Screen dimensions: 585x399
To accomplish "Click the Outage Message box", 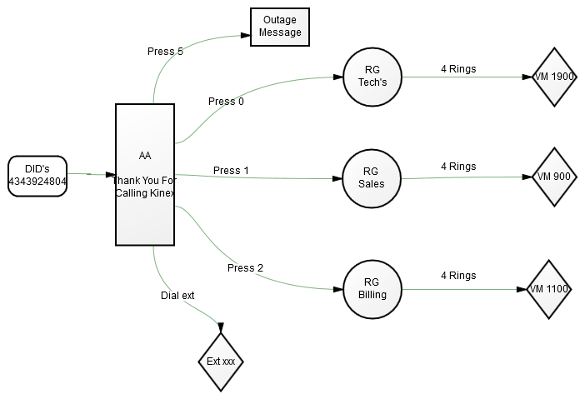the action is tap(280, 27).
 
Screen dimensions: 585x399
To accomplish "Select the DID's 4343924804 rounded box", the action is tap(37, 176).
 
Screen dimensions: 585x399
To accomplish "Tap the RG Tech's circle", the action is tap(372, 77).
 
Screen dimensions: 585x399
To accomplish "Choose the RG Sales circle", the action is tap(372, 178).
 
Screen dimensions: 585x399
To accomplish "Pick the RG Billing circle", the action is tap(372, 289).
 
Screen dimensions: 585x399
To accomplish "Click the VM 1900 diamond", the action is tap(554, 77).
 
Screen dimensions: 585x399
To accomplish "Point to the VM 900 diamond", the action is tap(554, 177).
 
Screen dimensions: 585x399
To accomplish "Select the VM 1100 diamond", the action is tap(549, 289).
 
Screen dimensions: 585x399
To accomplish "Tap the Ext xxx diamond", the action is tap(221, 362).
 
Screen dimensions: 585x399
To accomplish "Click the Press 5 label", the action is tap(165, 52).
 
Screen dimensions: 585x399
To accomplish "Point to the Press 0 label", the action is tap(226, 102).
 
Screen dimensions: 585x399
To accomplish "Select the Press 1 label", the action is tap(231, 171).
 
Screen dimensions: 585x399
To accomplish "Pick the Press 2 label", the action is tap(246, 268).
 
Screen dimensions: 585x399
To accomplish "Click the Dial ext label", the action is tap(177, 296).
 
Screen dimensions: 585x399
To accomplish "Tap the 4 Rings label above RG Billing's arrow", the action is tap(458, 276).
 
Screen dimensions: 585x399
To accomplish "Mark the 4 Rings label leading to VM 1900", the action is tap(458, 69).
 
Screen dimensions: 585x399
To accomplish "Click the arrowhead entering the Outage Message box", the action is tap(246, 36).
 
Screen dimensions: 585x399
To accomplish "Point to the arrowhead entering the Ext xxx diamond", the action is tap(221, 327).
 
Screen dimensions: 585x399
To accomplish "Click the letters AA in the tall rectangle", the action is tap(145, 156).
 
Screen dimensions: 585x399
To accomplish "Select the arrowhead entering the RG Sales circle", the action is tap(337, 178).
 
